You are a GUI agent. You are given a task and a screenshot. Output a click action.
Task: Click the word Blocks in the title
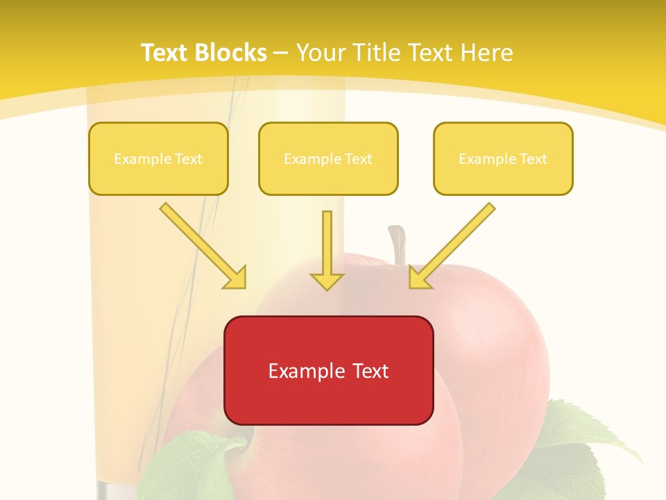tap(232, 53)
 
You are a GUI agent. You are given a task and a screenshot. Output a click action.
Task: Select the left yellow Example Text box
tap(158, 159)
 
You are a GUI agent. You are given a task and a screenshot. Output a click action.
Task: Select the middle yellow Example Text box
tap(328, 159)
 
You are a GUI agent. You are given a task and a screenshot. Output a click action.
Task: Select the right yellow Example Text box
tap(503, 159)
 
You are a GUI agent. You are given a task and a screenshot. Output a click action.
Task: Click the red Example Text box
tap(328, 370)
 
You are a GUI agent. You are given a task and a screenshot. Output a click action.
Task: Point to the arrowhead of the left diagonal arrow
tap(236, 278)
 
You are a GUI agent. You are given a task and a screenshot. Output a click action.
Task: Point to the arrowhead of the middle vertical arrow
tap(327, 281)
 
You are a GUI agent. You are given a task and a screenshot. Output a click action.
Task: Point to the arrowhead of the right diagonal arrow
tap(419, 278)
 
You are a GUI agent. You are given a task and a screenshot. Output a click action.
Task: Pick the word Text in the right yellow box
tap(533, 159)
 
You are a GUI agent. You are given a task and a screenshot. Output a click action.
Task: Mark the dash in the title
tap(281, 53)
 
